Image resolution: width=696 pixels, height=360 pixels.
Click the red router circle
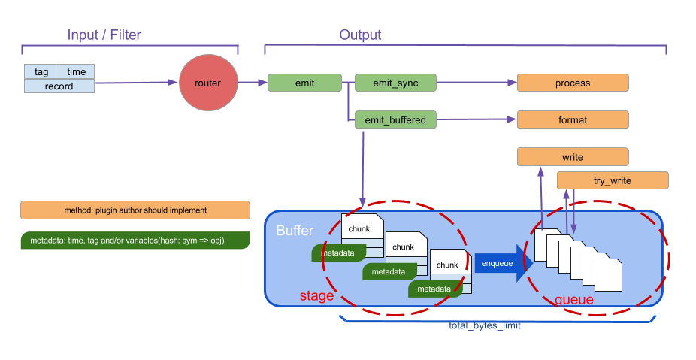click(207, 83)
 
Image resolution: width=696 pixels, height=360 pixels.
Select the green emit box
click(304, 83)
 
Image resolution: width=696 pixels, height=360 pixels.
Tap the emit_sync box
click(395, 83)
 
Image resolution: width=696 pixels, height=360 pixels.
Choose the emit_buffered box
click(395, 119)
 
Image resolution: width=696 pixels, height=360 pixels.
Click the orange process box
click(573, 83)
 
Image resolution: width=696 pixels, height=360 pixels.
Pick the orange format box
click(573, 119)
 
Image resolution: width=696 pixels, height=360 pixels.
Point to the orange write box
click(573, 157)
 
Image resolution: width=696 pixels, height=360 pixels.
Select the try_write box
click(612, 180)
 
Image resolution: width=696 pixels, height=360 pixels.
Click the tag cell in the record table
click(41, 72)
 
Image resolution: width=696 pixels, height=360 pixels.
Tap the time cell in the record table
click(77, 72)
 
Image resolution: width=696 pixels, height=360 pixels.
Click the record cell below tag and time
click(59, 86)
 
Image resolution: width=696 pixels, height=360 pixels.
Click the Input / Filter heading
click(104, 35)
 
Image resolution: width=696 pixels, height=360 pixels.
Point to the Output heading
click(360, 35)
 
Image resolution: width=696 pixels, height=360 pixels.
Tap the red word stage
click(316, 296)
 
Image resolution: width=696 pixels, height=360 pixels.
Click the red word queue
click(573, 300)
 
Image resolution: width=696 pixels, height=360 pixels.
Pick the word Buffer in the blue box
click(294, 231)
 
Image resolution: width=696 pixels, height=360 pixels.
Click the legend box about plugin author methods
click(135, 210)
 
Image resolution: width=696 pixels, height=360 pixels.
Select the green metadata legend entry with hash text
click(135, 241)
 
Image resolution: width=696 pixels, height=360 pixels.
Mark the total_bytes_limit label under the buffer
click(484, 326)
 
